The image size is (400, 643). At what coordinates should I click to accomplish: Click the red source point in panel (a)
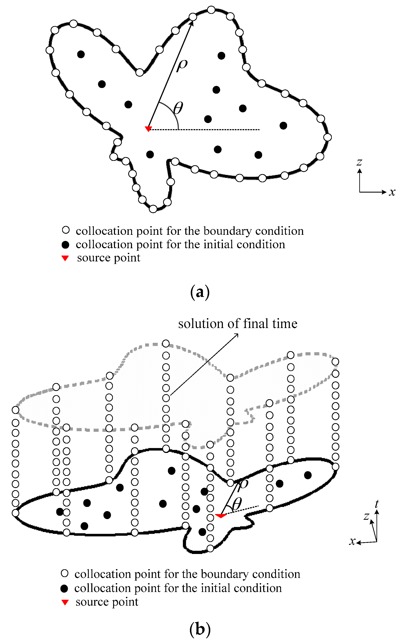point(148,129)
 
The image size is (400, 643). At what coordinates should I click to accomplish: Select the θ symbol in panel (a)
point(178,108)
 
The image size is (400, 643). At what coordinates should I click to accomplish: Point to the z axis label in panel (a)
point(359,162)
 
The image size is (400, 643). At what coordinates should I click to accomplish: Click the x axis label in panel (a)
point(392,192)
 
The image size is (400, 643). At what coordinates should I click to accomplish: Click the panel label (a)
point(200,292)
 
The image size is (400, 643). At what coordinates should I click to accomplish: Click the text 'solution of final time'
point(238,323)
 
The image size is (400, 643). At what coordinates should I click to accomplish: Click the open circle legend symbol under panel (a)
point(66,230)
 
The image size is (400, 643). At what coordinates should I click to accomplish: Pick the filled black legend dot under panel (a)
point(65,245)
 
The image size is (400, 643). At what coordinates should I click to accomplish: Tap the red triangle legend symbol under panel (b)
point(65,602)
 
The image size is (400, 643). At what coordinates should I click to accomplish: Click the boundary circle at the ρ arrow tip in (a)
point(193,17)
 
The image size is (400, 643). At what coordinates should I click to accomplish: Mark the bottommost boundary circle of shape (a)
point(153,209)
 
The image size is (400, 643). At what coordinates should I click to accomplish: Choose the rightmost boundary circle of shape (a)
point(328,137)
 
